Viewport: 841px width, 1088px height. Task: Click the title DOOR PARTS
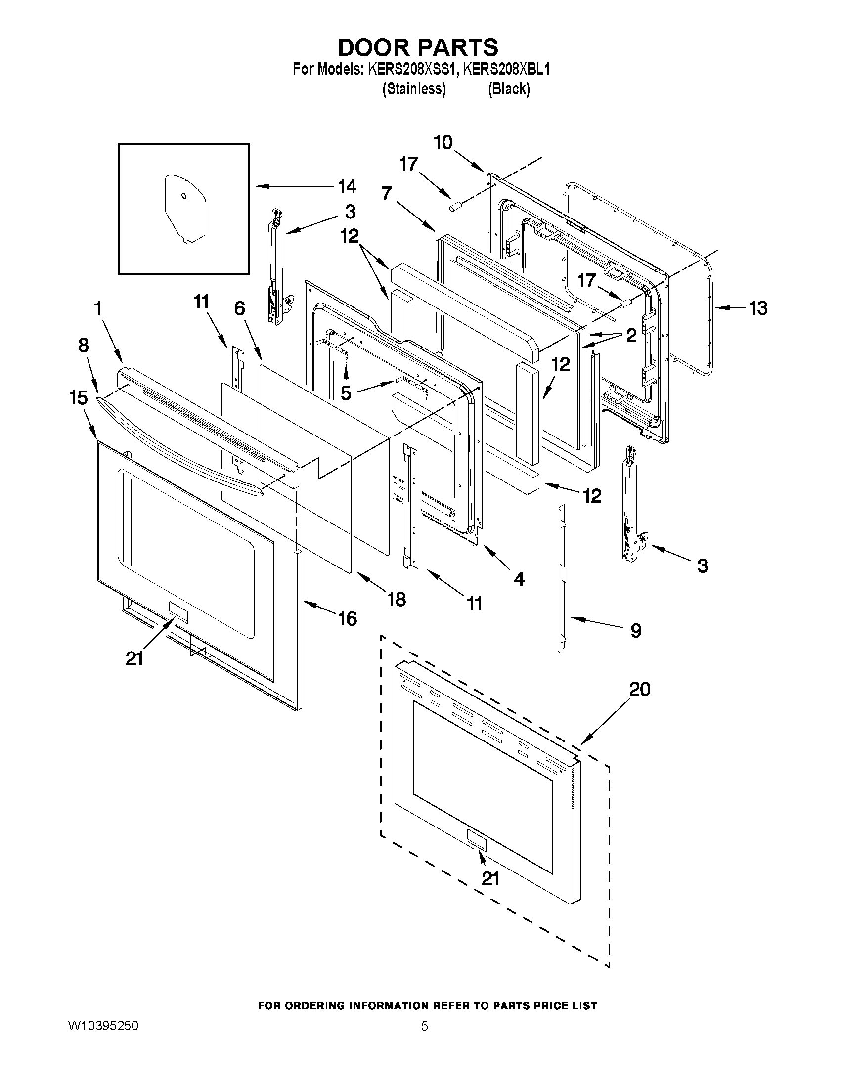pyautogui.click(x=417, y=47)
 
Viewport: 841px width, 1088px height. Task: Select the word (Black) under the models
pyautogui.click(x=509, y=89)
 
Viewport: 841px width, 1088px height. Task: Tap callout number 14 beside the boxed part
pyautogui.click(x=347, y=187)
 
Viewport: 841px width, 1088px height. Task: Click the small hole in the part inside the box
pyautogui.click(x=184, y=196)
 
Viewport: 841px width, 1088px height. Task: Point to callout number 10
pyautogui.click(x=443, y=143)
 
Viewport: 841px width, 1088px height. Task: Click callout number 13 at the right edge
pyautogui.click(x=758, y=308)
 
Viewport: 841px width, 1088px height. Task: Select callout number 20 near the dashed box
pyautogui.click(x=640, y=689)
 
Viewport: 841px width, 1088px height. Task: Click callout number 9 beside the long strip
pyautogui.click(x=636, y=631)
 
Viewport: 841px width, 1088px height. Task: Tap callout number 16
pyautogui.click(x=347, y=619)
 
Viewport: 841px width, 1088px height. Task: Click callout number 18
pyautogui.click(x=397, y=599)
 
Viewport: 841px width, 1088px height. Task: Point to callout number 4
pyautogui.click(x=519, y=578)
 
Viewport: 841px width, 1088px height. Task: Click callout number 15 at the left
pyautogui.click(x=79, y=398)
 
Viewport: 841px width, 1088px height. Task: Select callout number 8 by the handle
pyautogui.click(x=83, y=345)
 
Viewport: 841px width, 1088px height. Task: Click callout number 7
pyautogui.click(x=387, y=194)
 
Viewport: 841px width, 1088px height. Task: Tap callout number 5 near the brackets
pyautogui.click(x=346, y=393)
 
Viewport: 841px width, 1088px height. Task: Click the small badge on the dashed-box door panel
pyautogui.click(x=476, y=840)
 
